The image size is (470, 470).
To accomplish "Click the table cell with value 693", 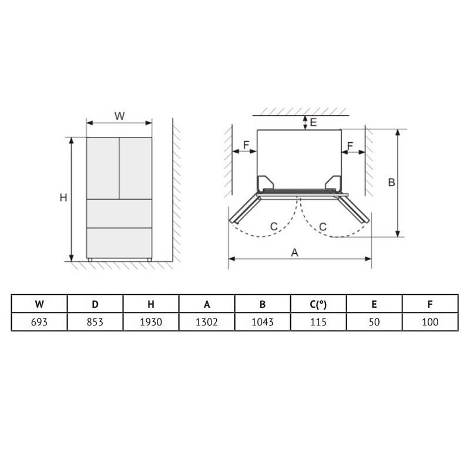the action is point(39,322).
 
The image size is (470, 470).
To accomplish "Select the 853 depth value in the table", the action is point(95,322).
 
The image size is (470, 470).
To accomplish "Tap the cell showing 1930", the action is point(151,322).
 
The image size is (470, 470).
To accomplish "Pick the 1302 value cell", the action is point(207,322).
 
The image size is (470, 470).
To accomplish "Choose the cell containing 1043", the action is point(262,322).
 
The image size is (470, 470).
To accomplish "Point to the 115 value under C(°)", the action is point(318,322).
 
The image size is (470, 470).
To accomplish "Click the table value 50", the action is point(374,322).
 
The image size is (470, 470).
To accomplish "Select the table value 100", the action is point(430,322).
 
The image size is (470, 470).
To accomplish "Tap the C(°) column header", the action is point(318,304).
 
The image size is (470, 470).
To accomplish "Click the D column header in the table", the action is point(95,304).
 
